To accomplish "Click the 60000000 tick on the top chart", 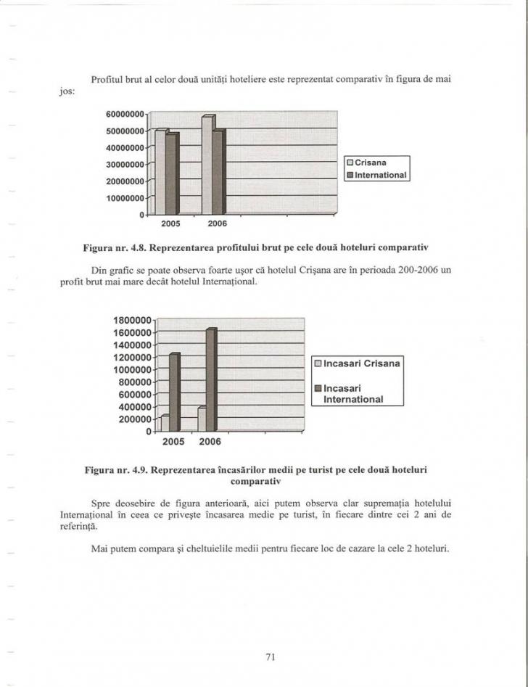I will (127, 114).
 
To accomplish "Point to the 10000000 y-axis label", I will (127, 197).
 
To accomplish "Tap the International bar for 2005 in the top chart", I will (172, 174).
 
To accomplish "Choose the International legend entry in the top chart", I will (378, 175).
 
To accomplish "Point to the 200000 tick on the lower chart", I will (136, 419).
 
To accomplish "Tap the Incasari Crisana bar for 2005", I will (165, 423).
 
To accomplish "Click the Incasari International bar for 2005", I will (174, 392).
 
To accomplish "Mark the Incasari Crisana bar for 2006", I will (202, 419).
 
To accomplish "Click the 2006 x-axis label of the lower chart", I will (210, 441).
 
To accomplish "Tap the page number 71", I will (270, 657).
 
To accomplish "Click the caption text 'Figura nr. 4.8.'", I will (120, 248).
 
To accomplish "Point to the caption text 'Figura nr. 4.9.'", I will (120, 470).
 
